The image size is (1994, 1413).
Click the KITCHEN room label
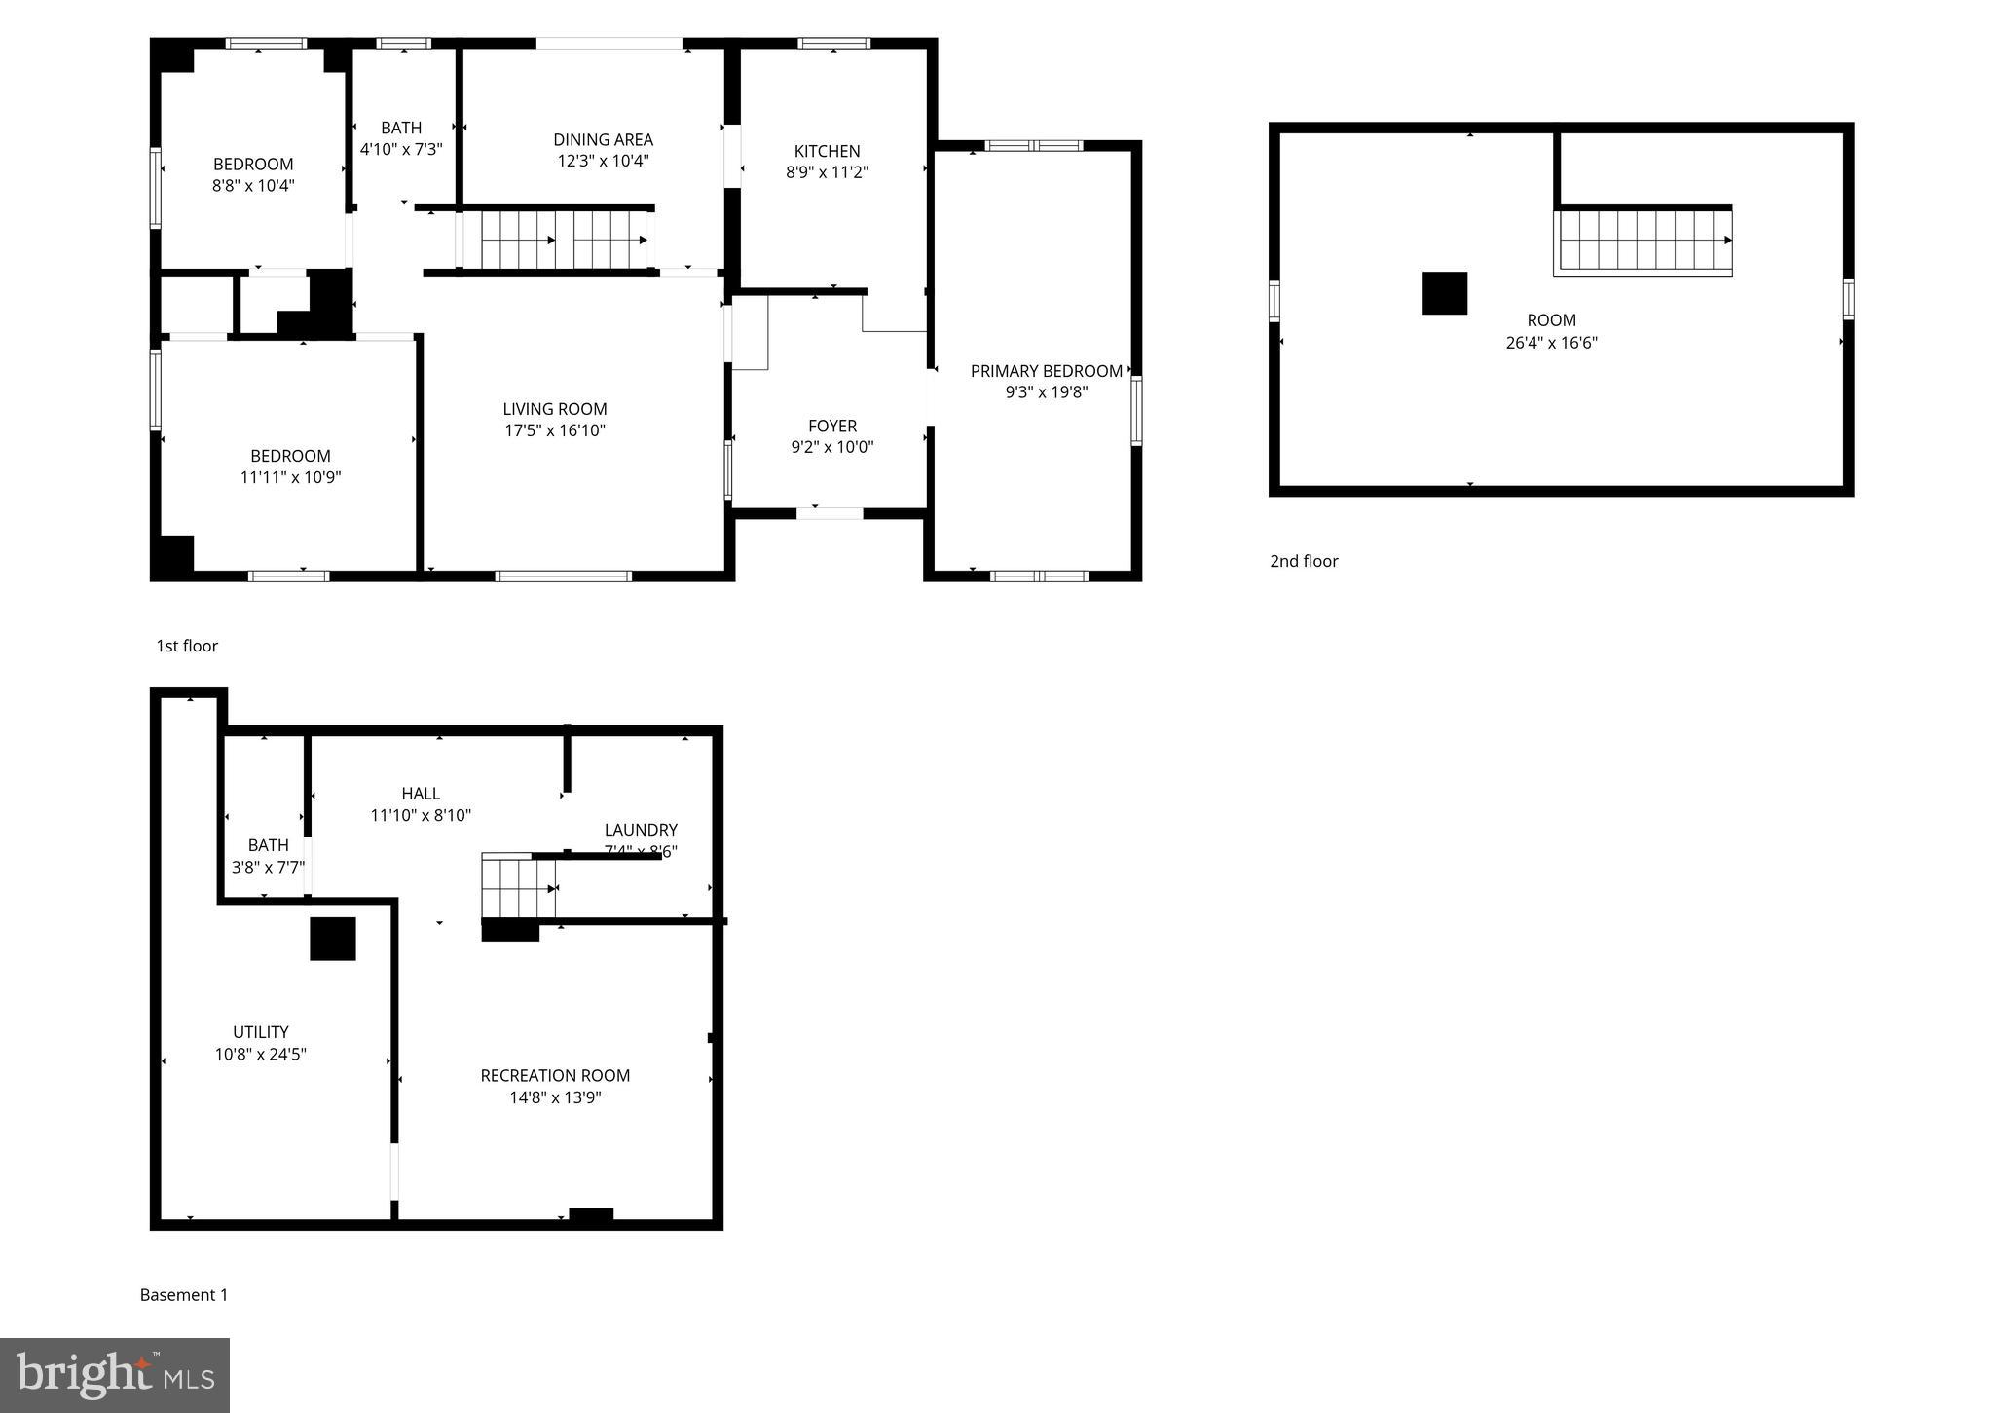pyautogui.click(x=827, y=151)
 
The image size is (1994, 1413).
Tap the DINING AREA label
pyautogui.click(x=603, y=139)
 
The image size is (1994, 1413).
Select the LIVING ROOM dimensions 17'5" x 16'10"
pyautogui.click(x=555, y=430)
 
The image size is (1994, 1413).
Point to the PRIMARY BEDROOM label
pyautogui.click(x=1046, y=371)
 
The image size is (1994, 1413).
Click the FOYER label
pyautogui.click(x=832, y=426)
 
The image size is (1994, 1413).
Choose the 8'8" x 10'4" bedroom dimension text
pyautogui.click(x=253, y=185)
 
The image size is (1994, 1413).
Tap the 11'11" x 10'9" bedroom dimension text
pyautogui.click(x=290, y=477)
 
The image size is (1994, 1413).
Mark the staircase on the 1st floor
pyautogui.click(x=555, y=240)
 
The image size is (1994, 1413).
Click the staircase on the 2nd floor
pyautogui.click(x=1643, y=241)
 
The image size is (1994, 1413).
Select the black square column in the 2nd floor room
pyautogui.click(x=1444, y=293)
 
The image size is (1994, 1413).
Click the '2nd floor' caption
pyautogui.click(x=1304, y=561)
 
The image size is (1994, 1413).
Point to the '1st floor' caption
pyautogui.click(x=187, y=646)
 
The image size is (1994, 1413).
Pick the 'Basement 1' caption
pyautogui.click(x=184, y=1295)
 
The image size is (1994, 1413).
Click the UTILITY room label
pyautogui.click(x=261, y=1032)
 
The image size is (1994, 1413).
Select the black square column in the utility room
pyautogui.click(x=333, y=939)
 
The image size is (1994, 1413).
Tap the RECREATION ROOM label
pyautogui.click(x=555, y=1075)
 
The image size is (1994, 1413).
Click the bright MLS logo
pyautogui.click(x=115, y=1375)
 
